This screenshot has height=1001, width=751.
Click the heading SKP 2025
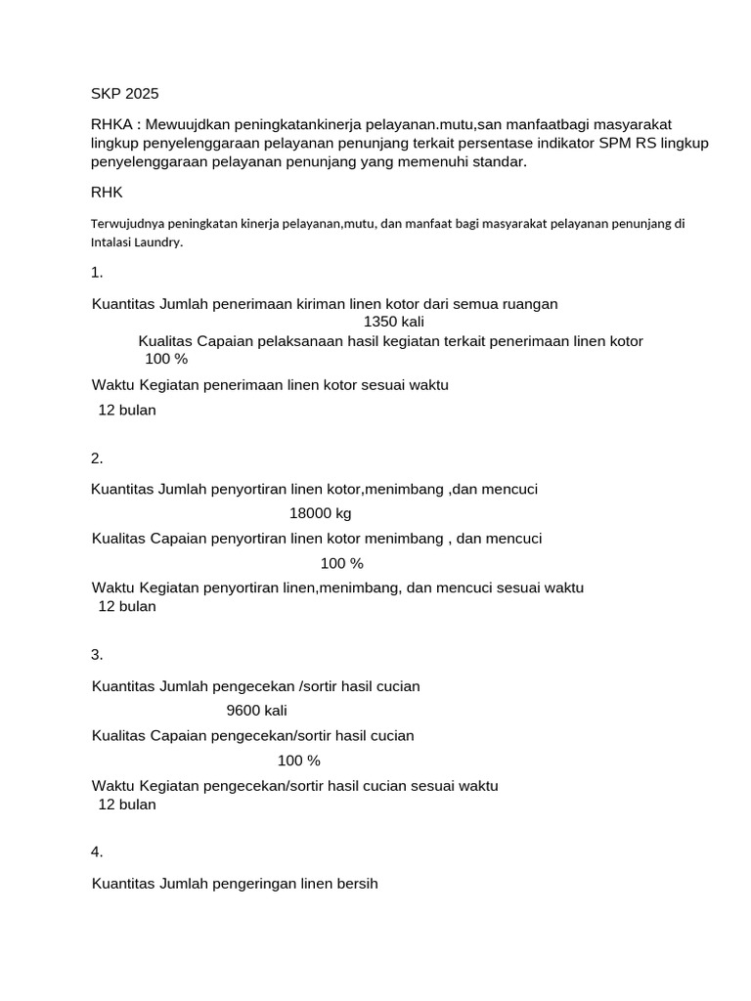click(124, 94)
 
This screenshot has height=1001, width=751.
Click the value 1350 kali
click(394, 322)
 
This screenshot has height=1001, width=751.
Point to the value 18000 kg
click(321, 513)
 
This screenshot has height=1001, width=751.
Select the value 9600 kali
click(257, 711)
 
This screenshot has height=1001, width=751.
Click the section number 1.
click(97, 273)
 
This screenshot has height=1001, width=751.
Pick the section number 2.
click(97, 458)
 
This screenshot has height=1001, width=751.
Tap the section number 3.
click(97, 654)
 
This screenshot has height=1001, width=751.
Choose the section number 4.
click(97, 851)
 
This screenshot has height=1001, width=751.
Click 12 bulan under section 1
click(127, 411)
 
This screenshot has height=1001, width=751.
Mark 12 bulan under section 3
click(127, 805)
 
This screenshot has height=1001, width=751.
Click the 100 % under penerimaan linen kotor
click(166, 359)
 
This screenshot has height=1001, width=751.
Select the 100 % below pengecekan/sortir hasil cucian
click(299, 761)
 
